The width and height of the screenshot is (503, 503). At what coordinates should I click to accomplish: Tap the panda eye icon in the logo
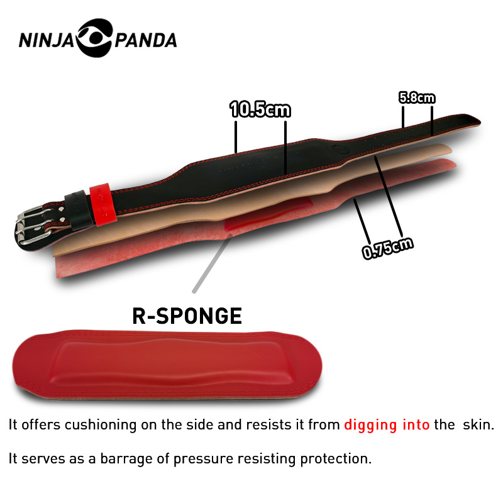point(95,38)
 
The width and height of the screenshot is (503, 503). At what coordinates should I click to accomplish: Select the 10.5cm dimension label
point(260,110)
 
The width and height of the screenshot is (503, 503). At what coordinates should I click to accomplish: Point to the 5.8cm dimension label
point(417,97)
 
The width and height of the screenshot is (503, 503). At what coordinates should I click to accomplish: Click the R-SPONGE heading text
point(187,316)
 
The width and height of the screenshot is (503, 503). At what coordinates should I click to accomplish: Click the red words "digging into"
point(387,425)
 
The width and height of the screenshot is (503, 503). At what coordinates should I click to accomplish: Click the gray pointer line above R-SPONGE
point(213,264)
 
